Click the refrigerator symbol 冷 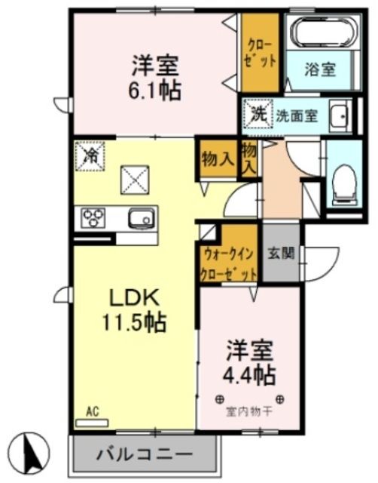pos(91,156)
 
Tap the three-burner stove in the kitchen pos(96,219)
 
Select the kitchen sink pos(140,220)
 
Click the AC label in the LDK pos(93,412)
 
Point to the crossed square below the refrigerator pos(136,182)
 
